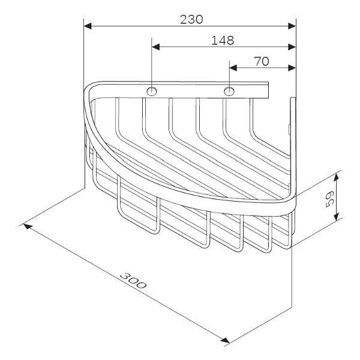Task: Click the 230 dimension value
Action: pyautogui.click(x=191, y=20)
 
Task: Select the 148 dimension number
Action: pyautogui.click(x=223, y=41)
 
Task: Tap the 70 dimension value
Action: pyautogui.click(x=262, y=62)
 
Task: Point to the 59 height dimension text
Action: pyautogui.click(x=329, y=200)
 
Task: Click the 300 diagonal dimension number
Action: pyautogui.click(x=133, y=281)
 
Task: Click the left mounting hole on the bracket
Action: pyautogui.click(x=152, y=91)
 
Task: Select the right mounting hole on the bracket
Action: pyautogui.click(x=229, y=91)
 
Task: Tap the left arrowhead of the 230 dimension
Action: pyautogui.click(x=88, y=26)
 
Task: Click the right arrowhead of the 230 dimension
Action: pyautogui.click(x=292, y=26)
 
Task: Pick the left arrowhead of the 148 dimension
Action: pyautogui.click(x=155, y=47)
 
